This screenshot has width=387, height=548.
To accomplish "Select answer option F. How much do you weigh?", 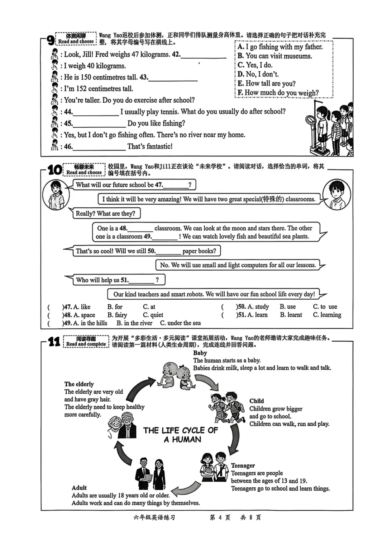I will tap(278, 93).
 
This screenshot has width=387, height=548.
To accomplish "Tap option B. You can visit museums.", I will tap(274, 56).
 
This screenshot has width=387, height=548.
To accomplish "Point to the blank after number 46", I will tap(99, 147).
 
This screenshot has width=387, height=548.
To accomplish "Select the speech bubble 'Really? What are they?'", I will tap(105, 214).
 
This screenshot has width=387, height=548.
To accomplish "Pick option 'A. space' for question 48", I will tap(84, 315).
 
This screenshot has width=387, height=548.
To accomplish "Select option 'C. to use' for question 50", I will tap(325, 307).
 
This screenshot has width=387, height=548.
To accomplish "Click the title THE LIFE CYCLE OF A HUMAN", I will tap(181, 435).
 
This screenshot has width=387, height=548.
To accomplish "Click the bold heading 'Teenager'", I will tap(243, 465).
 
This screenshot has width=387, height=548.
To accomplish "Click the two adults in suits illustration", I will tap(150, 473).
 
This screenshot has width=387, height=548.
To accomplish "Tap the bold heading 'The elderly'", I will tap(79, 384).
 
